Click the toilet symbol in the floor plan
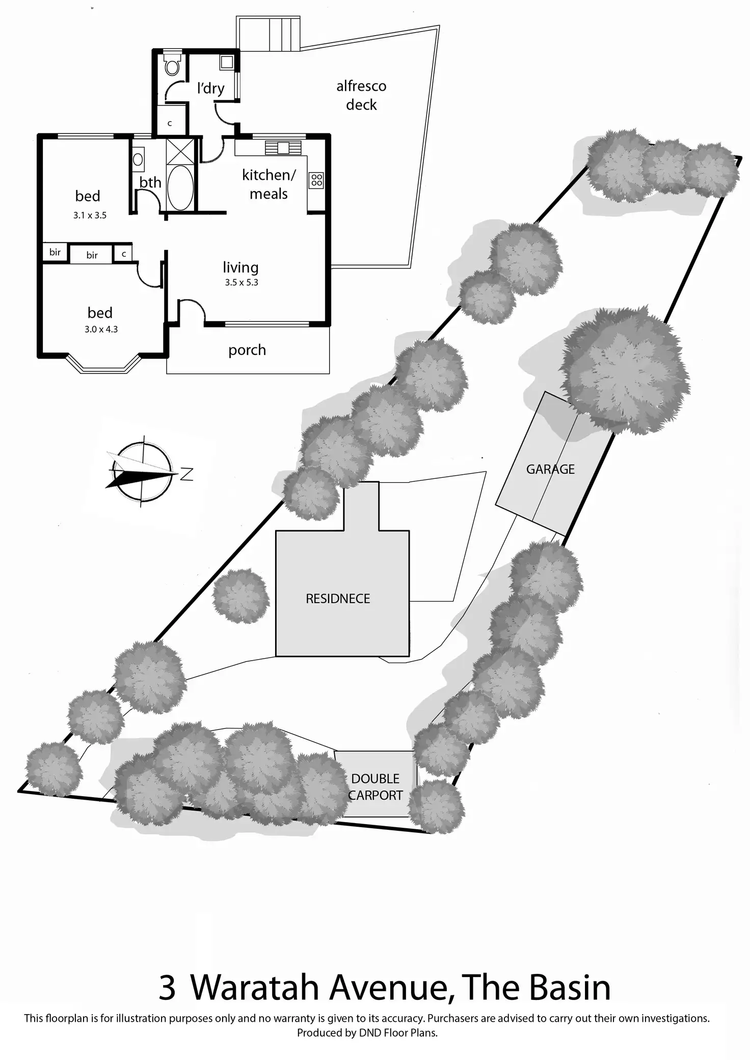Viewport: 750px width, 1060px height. click(172, 65)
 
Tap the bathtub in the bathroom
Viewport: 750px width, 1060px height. click(180, 187)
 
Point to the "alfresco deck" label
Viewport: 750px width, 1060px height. click(361, 95)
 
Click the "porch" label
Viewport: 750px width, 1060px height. click(247, 350)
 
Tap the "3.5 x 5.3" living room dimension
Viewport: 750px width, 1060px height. click(242, 282)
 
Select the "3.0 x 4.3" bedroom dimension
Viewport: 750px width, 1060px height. click(101, 329)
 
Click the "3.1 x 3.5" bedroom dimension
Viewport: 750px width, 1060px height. click(90, 215)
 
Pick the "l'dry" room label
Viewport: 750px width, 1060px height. click(210, 88)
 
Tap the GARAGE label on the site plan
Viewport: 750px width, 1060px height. click(550, 469)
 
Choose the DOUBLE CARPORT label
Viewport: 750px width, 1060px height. click(376, 786)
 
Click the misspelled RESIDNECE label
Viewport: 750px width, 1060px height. click(338, 599)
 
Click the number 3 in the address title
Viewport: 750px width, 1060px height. click(167, 988)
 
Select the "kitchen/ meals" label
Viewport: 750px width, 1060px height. click(269, 184)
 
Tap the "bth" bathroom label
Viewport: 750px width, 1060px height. click(150, 182)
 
